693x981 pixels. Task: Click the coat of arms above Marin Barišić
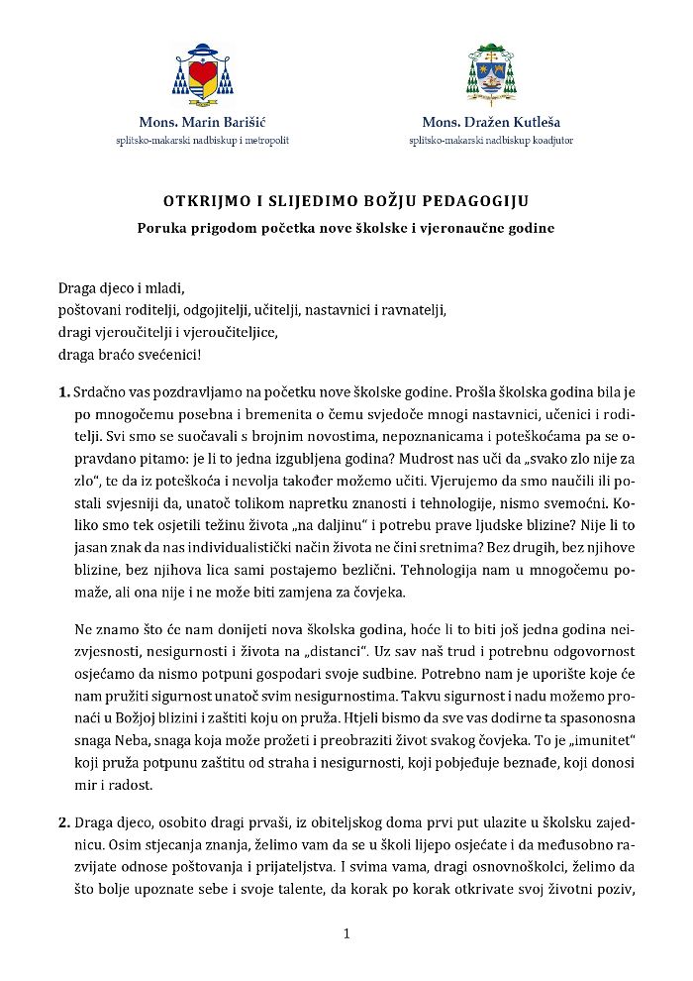(202, 76)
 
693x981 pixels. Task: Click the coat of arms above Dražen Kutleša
(490, 75)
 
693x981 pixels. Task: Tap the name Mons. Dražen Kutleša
(491, 123)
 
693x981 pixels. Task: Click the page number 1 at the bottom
(346, 933)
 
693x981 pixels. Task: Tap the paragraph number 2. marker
(64, 821)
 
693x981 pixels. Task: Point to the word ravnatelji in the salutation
(416, 309)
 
